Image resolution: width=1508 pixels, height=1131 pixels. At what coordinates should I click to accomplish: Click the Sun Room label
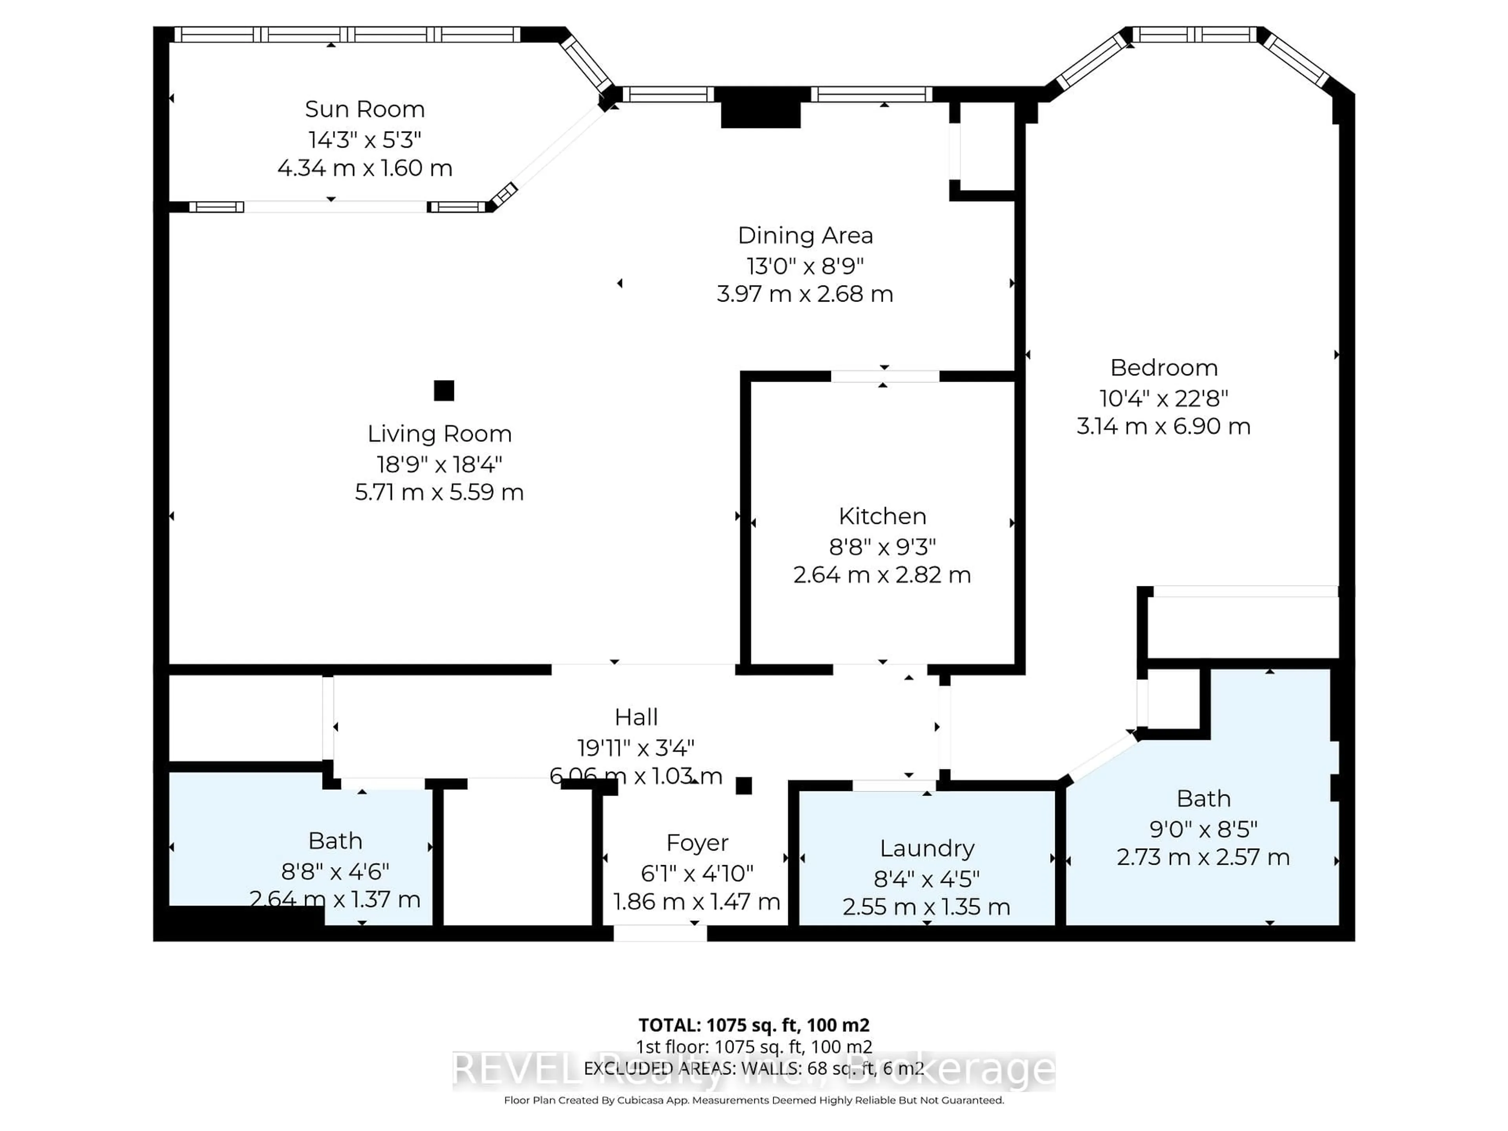click(x=365, y=109)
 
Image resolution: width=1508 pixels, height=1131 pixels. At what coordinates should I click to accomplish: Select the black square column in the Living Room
click(x=444, y=391)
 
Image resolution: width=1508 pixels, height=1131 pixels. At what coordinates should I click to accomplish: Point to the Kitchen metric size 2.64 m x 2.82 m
click(x=882, y=575)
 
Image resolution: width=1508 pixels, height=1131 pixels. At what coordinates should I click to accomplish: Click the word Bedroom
click(x=1164, y=368)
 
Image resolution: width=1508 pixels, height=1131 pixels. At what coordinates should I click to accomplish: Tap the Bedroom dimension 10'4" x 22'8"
click(x=1164, y=398)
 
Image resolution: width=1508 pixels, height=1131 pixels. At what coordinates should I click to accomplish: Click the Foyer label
click(x=697, y=843)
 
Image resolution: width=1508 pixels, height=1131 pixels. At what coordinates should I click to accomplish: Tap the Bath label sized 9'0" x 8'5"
click(x=1203, y=798)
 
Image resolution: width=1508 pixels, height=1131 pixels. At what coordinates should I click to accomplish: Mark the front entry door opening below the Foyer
click(x=660, y=933)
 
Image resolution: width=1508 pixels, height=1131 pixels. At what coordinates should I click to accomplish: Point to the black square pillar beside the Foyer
click(x=744, y=786)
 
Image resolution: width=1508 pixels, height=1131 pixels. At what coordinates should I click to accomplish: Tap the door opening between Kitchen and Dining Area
click(x=884, y=376)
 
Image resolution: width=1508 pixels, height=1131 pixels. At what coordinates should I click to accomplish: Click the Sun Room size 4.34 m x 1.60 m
click(x=365, y=168)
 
